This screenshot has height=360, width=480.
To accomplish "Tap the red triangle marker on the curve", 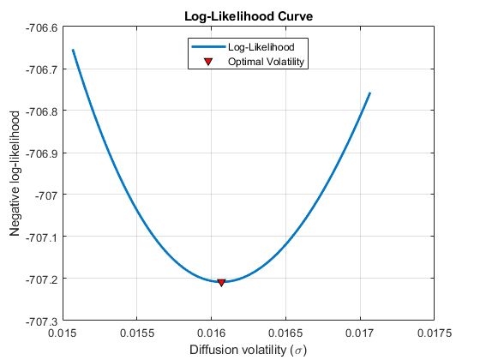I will [x=221, y=282].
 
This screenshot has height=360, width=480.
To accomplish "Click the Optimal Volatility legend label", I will [x=267, y=62].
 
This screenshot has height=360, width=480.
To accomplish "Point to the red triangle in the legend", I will [x=208, y=62].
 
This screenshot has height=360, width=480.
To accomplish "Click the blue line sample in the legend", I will [x=208, y=47].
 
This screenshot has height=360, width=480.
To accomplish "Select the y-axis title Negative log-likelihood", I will [x=15, y=175].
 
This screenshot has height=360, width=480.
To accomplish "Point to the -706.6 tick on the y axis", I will [x=41, y=27].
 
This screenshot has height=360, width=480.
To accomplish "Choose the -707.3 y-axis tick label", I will [x=41, y=321].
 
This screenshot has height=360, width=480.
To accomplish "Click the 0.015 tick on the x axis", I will [x=63, y=333].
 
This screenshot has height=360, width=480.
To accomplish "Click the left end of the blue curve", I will [x=73, y=50].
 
